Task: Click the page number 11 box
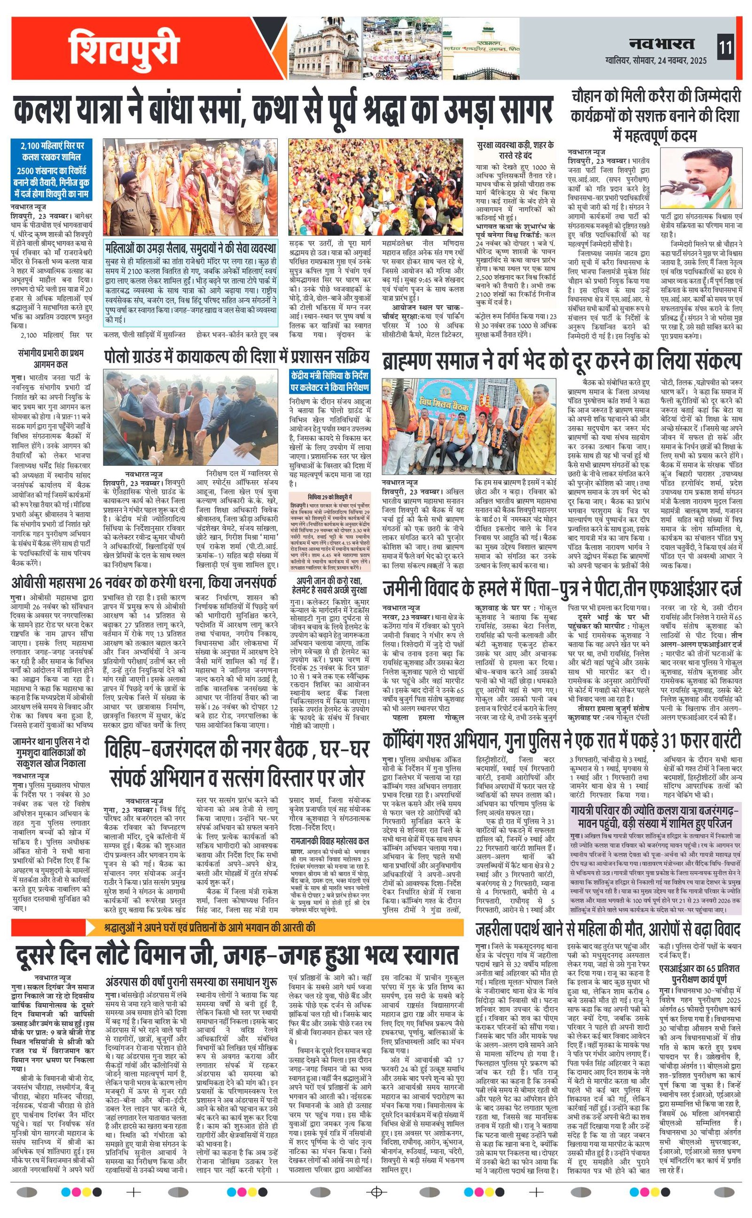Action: pos(725,48)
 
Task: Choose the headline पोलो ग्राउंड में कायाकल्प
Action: pos(237,357)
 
